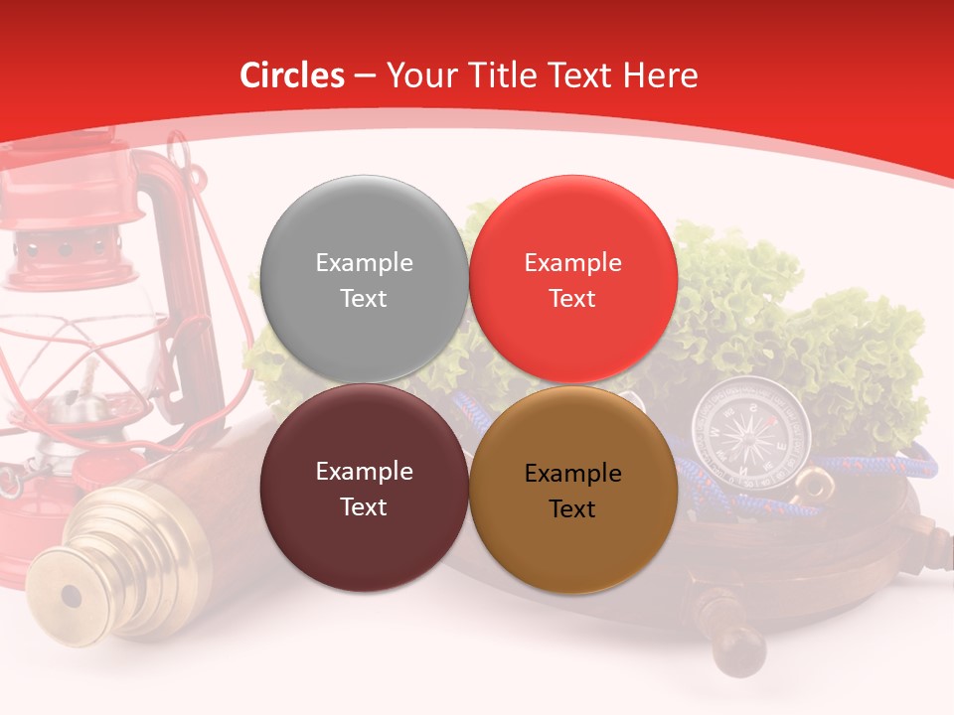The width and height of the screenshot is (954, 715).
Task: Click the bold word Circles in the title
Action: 292,75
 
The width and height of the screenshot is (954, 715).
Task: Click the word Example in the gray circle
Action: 364,263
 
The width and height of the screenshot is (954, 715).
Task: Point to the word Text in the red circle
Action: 572,299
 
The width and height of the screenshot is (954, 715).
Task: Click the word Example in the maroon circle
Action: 364,472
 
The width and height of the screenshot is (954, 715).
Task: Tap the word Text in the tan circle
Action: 572,509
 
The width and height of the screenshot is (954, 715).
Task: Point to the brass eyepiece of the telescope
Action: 71,596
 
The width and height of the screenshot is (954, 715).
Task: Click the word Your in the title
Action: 417,75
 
